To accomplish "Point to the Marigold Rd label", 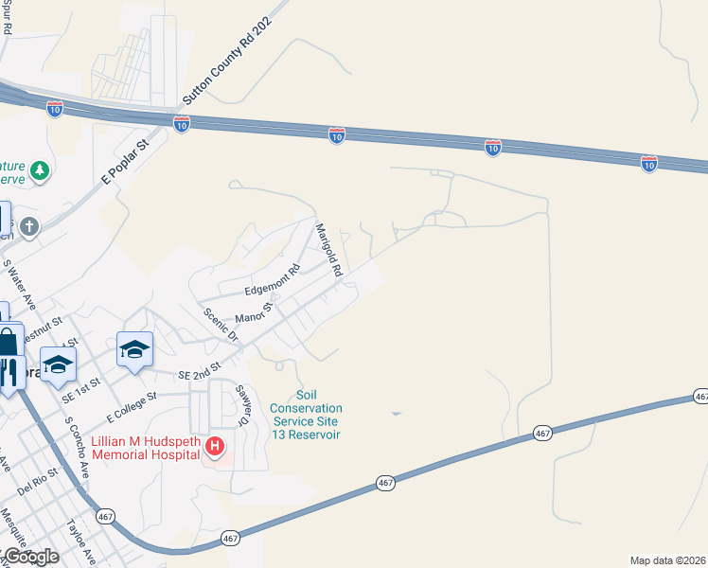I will (328, 250).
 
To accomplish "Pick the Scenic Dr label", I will (220, 325).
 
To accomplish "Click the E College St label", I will (131, 410).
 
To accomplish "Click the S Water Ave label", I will (19, 283).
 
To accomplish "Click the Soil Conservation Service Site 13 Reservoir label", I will (306, 415).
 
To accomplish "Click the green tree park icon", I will (39, 170).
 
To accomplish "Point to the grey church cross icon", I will (29, 226).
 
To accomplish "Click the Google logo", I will (30, 557).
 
